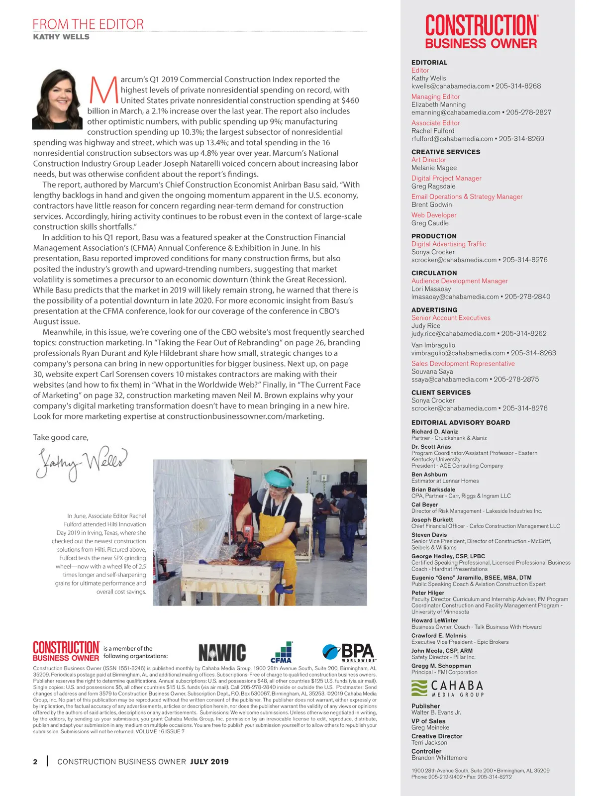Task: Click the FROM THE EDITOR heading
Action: [x=88, y=24]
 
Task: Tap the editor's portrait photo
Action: [x=57, y=99]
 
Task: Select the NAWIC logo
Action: [x=222, y=653]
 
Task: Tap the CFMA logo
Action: [x=281, y=652]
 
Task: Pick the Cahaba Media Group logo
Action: [x=448, y=689]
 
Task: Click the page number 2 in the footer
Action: [x=35, y=762]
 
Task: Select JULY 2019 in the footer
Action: [x=209, y=762]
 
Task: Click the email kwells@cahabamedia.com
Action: [x=451, y=86]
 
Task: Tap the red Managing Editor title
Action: [x=435, y=97]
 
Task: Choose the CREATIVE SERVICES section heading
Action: [x=446, y=152]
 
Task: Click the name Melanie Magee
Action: [x=434, y=168]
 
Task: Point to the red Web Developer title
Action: [x=434, y=215]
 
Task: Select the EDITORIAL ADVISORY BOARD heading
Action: [x=461, y=422]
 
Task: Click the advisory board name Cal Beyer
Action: [x=424, y=504]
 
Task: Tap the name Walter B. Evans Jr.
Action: [x=436, y=712]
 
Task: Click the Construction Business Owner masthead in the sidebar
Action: [x=481, y=32]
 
